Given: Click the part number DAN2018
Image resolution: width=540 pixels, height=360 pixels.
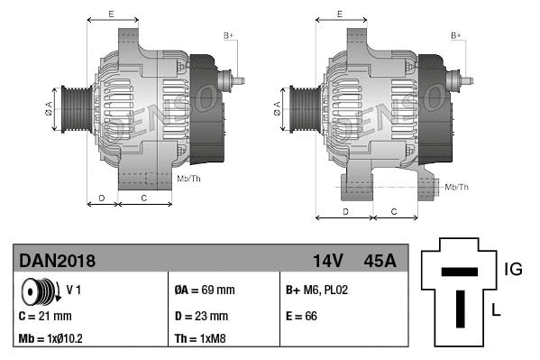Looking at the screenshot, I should [x=57, y=261].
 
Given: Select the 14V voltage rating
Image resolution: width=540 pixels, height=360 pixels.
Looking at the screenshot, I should [x=328, y=261].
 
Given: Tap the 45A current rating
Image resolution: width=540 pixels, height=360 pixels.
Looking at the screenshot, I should [x=379, y=261].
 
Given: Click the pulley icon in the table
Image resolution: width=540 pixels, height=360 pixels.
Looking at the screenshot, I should [x=41, y=291].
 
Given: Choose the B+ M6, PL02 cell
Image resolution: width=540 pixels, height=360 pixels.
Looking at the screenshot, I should [x=316, y=291].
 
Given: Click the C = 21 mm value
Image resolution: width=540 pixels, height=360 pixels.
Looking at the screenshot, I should [x=45, y=316].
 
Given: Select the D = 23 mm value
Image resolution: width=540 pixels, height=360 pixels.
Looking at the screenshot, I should [x=201, y=316].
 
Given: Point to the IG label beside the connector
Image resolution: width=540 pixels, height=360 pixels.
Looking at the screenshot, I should [x=513, y=268].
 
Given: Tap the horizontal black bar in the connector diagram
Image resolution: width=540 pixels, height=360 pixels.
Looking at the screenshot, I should [x=460, y=272].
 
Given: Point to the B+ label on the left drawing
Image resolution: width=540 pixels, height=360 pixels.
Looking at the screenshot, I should [x=228, y=35].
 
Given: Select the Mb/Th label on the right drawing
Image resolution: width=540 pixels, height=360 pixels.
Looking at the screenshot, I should [x=457, y=187].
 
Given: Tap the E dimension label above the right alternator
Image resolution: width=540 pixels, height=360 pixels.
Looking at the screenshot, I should [x=339, y=14].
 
